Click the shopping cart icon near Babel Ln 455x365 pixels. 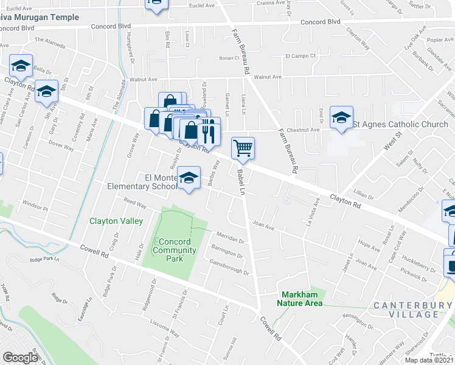click(x=243, y=148)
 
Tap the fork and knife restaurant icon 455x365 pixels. click(x=208, y=130)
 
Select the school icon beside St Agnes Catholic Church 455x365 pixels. click(x=341, y=117)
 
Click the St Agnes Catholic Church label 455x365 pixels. click(x=400, y=125)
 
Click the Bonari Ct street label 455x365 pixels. click(x=230, y=58)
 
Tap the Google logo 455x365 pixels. click(x=21, y=357)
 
